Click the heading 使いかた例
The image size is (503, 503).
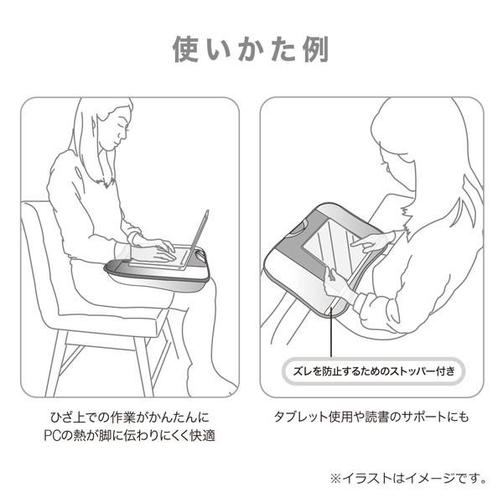click(251, 49)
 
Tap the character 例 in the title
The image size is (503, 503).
click(312, 49)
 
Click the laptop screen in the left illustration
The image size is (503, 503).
click(199, 231)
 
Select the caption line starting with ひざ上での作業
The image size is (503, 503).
click(127, 417)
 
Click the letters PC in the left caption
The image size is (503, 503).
click(51, 437)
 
